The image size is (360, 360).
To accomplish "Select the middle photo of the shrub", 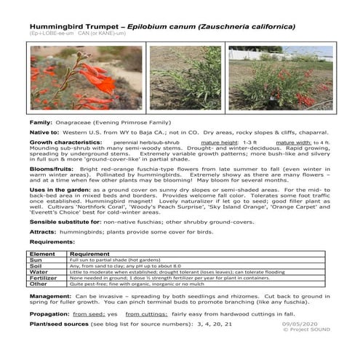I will pyautogui.click(x=184, y=78).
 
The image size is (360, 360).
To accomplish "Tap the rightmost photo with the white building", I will pyautogui.click(x=280, y=78).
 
